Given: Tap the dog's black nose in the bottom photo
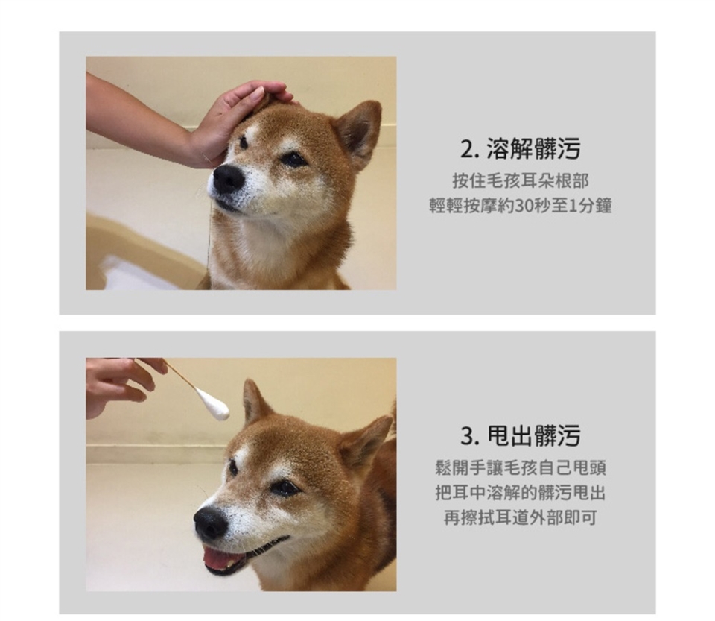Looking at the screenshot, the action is click(210, 522).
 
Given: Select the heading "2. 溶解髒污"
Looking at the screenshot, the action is click(520, 149).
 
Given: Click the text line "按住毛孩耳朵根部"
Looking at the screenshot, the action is click(521, 181).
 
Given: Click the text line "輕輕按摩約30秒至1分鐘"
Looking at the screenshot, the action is click(521, 206).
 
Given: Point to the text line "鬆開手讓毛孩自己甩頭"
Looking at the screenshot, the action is click(521, 468).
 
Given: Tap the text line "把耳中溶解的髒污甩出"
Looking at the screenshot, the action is click(521, 493).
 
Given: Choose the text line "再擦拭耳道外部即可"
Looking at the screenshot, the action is click(521, 517).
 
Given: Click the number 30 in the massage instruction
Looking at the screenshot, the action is click(524, 207).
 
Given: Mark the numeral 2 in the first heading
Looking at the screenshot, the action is click(466, 150).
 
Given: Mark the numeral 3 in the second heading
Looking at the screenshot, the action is click(466, 436).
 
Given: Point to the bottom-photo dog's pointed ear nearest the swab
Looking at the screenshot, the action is click(255, 403).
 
